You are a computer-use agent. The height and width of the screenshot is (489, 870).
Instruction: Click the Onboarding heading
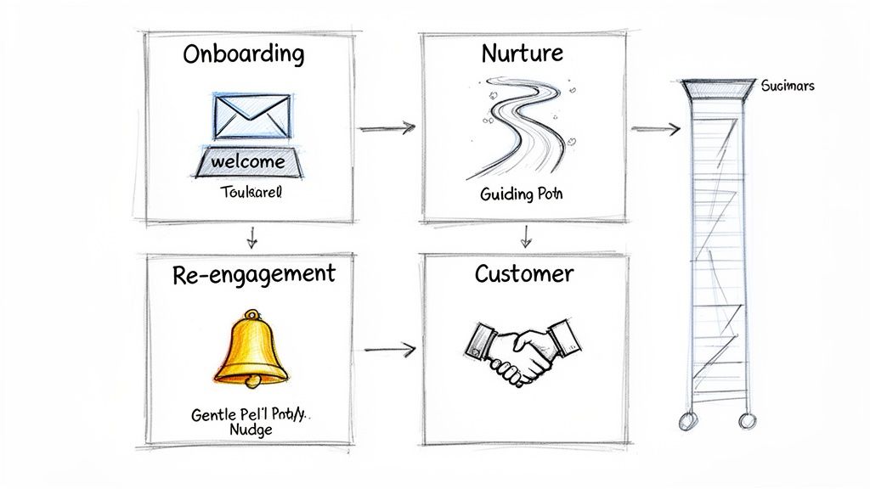pos(242,55)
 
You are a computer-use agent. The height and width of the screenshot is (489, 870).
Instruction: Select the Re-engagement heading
pos(254,273)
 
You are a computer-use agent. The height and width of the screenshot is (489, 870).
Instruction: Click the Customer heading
pos(523,273)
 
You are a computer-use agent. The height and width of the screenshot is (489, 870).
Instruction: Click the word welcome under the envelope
pos(248,161)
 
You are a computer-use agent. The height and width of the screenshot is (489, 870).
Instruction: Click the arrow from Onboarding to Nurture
pos(387,128)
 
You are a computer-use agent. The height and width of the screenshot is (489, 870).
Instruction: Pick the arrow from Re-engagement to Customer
pos(390,348)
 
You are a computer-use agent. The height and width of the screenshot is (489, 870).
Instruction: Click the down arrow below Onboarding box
pos(251,238)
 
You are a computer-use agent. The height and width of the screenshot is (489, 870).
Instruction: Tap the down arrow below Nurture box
pos(526,237)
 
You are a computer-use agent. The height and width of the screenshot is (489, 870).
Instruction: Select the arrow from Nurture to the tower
pos(656,129)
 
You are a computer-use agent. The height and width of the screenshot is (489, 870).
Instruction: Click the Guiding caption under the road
pos(521,194)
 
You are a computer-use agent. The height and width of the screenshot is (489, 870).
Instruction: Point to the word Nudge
pos(252,430)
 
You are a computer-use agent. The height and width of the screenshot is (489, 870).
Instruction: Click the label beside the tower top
pos(788,86)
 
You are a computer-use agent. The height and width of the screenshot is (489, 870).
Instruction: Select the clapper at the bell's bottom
pos(252,383)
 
